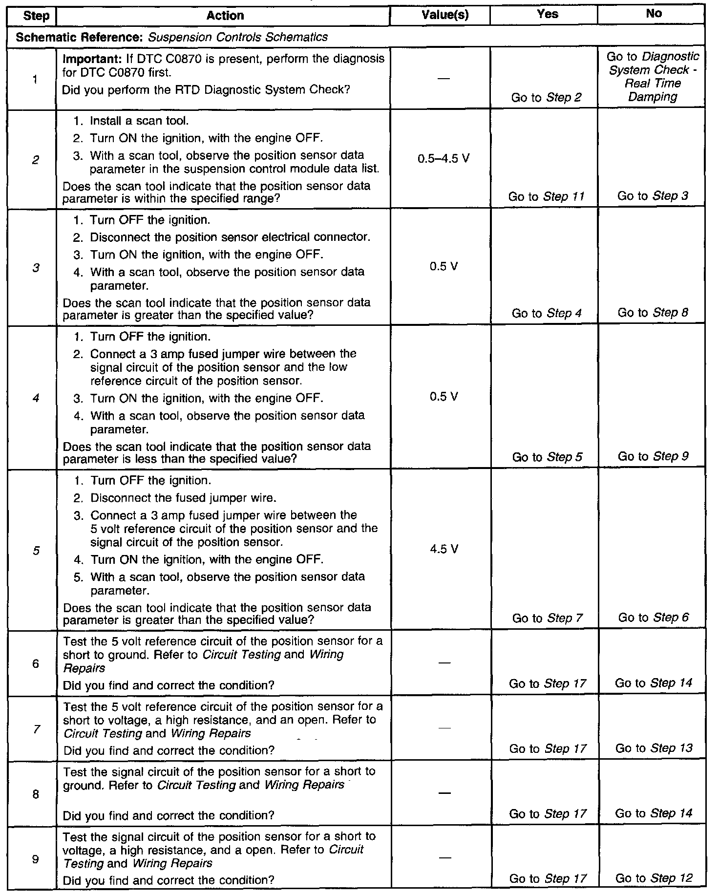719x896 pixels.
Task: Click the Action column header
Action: tap(225, 16)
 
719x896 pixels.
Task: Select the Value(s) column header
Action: tap(444, 15)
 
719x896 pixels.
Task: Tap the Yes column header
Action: tap(547, 14)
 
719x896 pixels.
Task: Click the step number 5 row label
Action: tap(36, 551)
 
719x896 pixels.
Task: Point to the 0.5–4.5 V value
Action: tap(444, 159)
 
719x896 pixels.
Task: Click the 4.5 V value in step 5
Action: tap(444, 550)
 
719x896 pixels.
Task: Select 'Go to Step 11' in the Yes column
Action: tap(546, 196)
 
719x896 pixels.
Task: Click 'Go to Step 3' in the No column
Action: tap(653, 196)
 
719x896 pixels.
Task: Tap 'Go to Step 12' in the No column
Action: tap(654, 878)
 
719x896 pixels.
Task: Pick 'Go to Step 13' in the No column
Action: tap(654, 748)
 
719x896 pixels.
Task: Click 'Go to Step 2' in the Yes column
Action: tap(546, 97)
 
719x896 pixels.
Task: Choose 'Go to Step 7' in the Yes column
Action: tap(547, 618)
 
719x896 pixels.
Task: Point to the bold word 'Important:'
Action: tap(86, 59)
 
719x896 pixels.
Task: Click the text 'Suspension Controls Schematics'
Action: tap(238, 37)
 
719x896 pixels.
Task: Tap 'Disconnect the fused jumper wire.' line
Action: tap(183, 498)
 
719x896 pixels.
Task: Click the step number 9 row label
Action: tap(36, 858)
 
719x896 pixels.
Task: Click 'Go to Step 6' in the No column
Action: tap(653, 618)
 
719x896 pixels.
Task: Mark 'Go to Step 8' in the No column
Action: tap(653, 313)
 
